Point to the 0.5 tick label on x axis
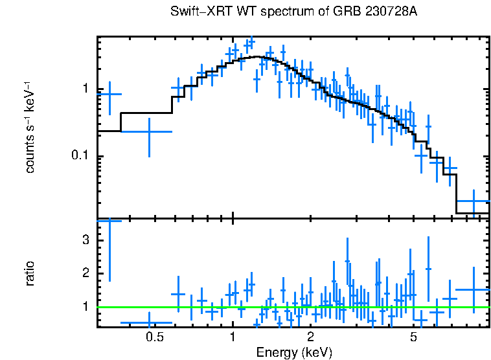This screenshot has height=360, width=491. pos(154,337)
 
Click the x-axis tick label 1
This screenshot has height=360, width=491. pos(233,337)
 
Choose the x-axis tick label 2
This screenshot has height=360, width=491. pos(311,337)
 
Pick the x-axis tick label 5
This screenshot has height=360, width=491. pos(414,337)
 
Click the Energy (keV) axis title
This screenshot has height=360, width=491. pos(294,352)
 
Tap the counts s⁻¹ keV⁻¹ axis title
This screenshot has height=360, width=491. pos(30,127)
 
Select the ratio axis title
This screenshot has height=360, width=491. pos(30,273)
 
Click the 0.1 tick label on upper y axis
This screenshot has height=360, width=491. pos(79,157)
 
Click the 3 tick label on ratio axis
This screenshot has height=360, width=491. pos(85,240)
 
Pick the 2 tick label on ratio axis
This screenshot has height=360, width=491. pos(85,273)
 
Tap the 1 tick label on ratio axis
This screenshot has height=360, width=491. pos(85,306)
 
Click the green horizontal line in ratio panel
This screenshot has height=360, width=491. pos(291,307)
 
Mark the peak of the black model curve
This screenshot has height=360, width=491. pos(258,57)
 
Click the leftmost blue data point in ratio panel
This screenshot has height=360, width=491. pos(109,221)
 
